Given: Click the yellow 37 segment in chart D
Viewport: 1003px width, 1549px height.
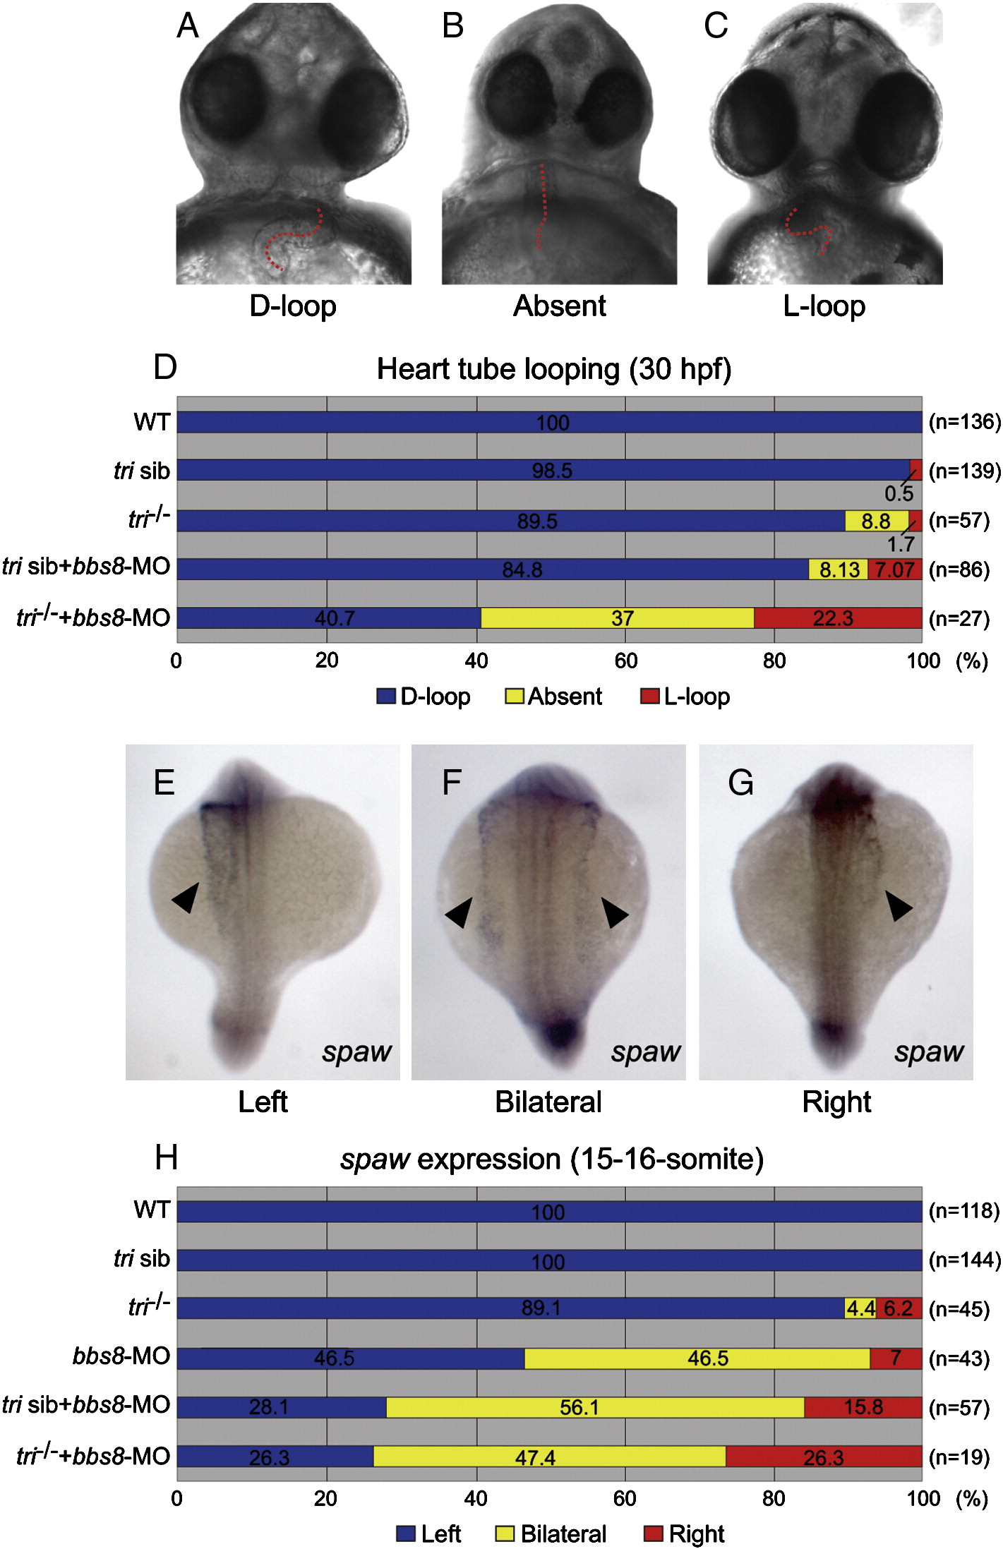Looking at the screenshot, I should [x=617, y=618].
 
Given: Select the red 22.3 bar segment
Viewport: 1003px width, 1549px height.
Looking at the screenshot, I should [x=838, y=618].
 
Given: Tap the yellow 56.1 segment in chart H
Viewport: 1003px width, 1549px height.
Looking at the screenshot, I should [x=595, y=1407].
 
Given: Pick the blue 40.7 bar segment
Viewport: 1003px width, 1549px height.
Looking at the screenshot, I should [x=328, y=618].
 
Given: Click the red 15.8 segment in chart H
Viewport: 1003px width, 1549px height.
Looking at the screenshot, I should [x=863, y=1407].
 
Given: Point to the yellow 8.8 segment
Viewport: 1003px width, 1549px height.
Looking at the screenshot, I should [x=876, y=521].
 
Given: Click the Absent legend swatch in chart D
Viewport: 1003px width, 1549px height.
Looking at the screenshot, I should [x=514, y=697].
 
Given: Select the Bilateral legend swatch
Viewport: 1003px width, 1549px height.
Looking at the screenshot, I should [x=505, y=1533].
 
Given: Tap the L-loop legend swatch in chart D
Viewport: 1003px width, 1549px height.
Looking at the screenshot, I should [x=649, y=697].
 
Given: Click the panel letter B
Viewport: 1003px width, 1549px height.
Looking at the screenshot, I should [x=452, y=27].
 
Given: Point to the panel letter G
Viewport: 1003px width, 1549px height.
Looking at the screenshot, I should [x=740, y=783].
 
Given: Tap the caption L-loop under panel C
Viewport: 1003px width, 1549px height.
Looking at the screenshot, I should [x=824, y=306].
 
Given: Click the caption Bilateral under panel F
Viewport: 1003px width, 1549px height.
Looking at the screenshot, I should [x=548, y=1102].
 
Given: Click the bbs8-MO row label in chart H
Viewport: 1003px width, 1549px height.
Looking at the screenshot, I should [x=121, y=1356].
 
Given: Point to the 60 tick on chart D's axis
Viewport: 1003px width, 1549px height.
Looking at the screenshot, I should [x=625, y=661].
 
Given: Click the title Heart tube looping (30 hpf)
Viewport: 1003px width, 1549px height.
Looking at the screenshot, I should [x=553, y=369].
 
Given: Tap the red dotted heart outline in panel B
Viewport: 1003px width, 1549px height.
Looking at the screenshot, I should [x=541, y=205].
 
